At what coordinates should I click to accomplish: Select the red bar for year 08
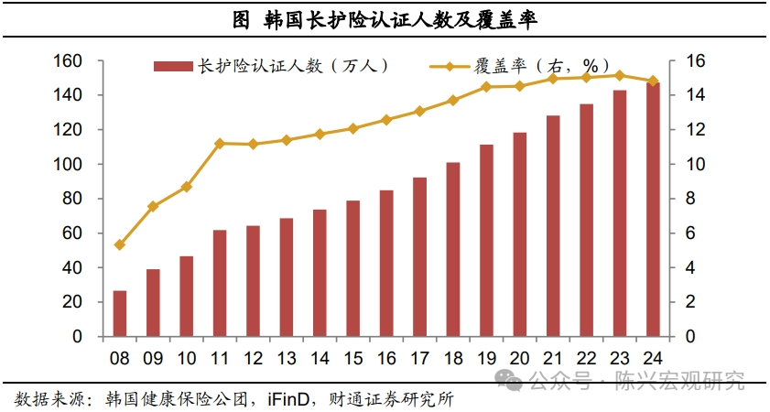[119, 313]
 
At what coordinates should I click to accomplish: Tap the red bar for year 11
[220, 283]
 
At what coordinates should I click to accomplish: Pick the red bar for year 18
[452, 249]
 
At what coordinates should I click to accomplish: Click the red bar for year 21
[552, 226]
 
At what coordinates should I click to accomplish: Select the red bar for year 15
[352, 268]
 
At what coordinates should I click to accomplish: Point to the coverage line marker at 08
[119, 244]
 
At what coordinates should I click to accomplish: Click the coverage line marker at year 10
[186, 187]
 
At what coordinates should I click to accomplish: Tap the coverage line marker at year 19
[486, 87]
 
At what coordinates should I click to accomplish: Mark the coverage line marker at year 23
[619, 75]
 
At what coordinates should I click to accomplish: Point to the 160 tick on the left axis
[70, 61]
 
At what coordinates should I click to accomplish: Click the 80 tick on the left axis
[74, 199]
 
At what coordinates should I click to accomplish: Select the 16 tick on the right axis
[695, 61]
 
